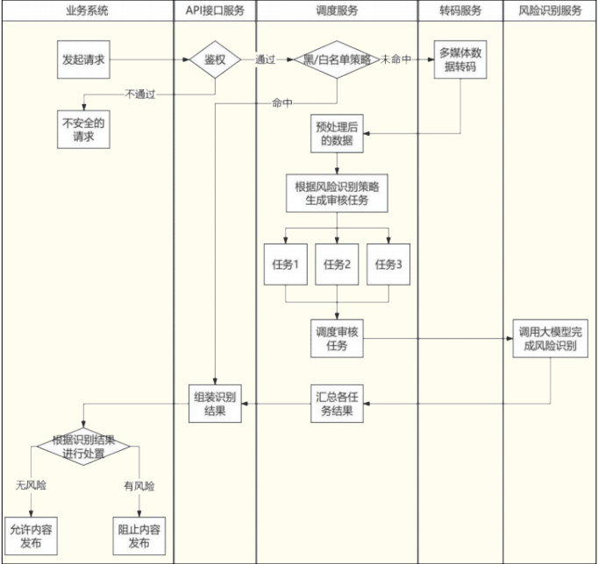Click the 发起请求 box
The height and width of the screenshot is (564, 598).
tap(85, 60)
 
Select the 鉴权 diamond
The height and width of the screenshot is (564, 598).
tap(215, 60)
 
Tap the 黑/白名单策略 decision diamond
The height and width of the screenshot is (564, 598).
tap(338, 60)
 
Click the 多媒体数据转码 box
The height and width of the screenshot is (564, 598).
tap(462, 60)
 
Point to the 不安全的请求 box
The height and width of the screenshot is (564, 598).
tap(85, 130)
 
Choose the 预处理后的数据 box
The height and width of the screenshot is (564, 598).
tap(338, 134)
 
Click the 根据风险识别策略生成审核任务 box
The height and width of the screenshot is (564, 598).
tap(338, 193)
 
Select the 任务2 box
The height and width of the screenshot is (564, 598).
tap(338, 265)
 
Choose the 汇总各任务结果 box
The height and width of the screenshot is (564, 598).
tap(338, 403)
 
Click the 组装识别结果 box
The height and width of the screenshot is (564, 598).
tap(215, 403)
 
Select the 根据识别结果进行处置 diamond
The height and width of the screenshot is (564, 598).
tap(82, 446)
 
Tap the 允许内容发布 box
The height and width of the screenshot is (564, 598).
tap(32, 536)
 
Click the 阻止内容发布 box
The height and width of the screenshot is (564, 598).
tap(139, 536)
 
